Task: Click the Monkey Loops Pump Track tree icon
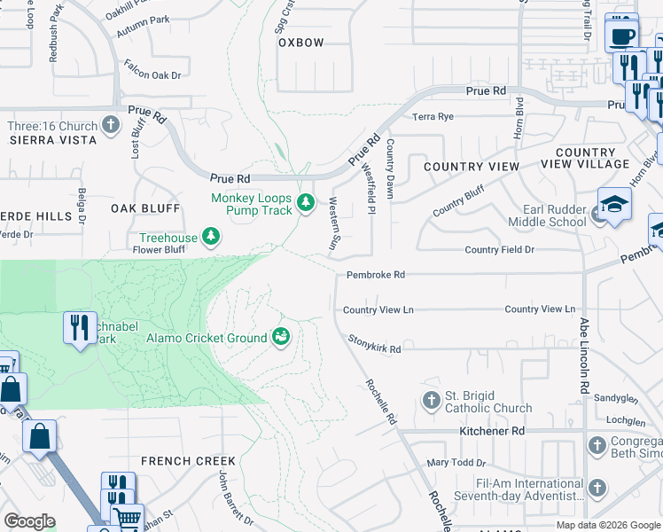tap(306, 204)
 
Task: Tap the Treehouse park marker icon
tap(211, 236)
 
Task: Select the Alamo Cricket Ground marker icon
tap(282, 337)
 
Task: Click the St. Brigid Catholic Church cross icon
tap(432, 401)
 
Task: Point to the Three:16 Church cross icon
tap(111, 123)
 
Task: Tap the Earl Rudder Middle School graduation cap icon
tap(614, 205)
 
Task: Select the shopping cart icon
tap(128, 518)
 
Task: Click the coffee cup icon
tap(621, 36)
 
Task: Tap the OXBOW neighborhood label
tap(301, 43)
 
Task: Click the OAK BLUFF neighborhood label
tap(145, 208)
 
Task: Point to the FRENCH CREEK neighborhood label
tap(188, 461)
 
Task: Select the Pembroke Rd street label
tap(375, 275)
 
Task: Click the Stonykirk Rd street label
tap(374, 349)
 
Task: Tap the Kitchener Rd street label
tap(492, 431)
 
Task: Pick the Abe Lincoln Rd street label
tap(584, 356)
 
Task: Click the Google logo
tap(29, 521)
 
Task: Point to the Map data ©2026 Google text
tap(607, 525)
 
